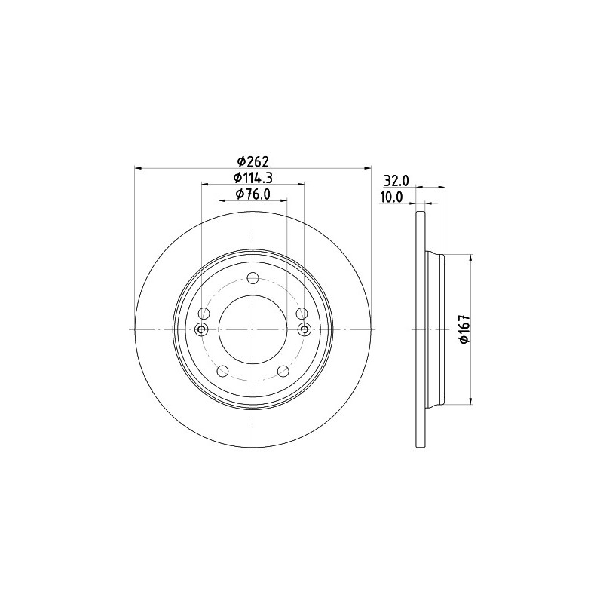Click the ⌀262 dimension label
[253, 161]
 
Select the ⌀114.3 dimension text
[253, 178]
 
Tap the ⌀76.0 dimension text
[253, 194]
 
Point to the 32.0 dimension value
[396, 180]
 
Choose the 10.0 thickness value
[391, 197]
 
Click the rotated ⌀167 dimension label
[465, 329]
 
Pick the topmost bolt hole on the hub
[253, 277]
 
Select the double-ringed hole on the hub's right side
[305, 329]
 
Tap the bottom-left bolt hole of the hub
[223, 371]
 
